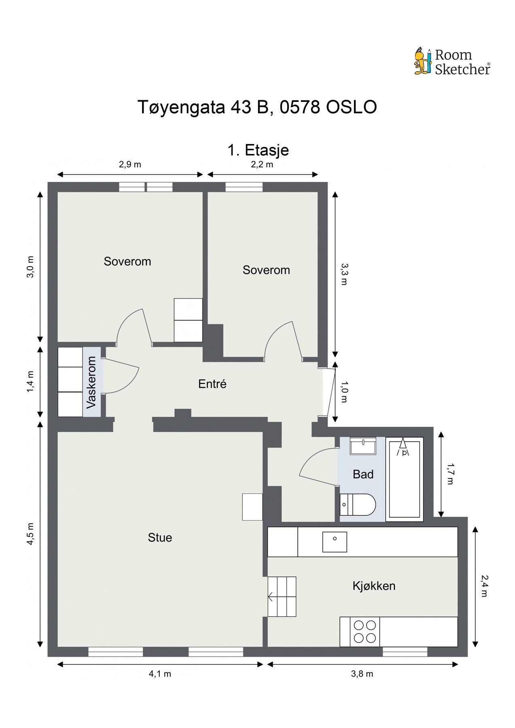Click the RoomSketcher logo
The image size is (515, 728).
coord(452,62)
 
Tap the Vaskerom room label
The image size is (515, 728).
coord(92,382)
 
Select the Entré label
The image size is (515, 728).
coord(212,384)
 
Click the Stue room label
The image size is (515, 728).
coord(160,538)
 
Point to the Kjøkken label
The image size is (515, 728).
coord(374,586)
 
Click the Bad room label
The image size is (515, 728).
coord(363,474)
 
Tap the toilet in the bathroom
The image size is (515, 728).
coord(358,504)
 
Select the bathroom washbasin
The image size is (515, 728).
coord(363,446)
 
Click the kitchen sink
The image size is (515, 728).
coord(335,542)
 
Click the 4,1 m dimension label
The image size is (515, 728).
coord(160,674)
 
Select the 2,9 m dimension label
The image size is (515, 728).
coord(130,164)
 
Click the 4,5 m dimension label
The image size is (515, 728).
coord(31,534)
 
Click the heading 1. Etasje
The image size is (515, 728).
coord(258,150)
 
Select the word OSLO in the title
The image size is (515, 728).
coord(351,107)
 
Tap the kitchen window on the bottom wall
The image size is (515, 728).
coord(405,652)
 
